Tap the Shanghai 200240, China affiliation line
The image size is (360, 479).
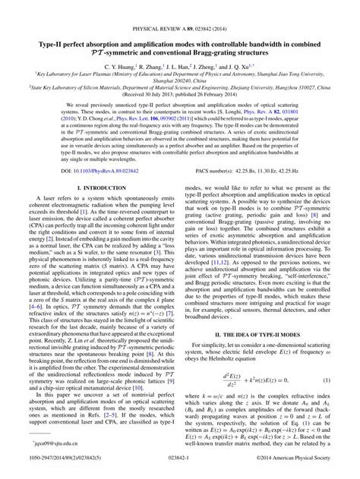(x=180, y=84)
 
